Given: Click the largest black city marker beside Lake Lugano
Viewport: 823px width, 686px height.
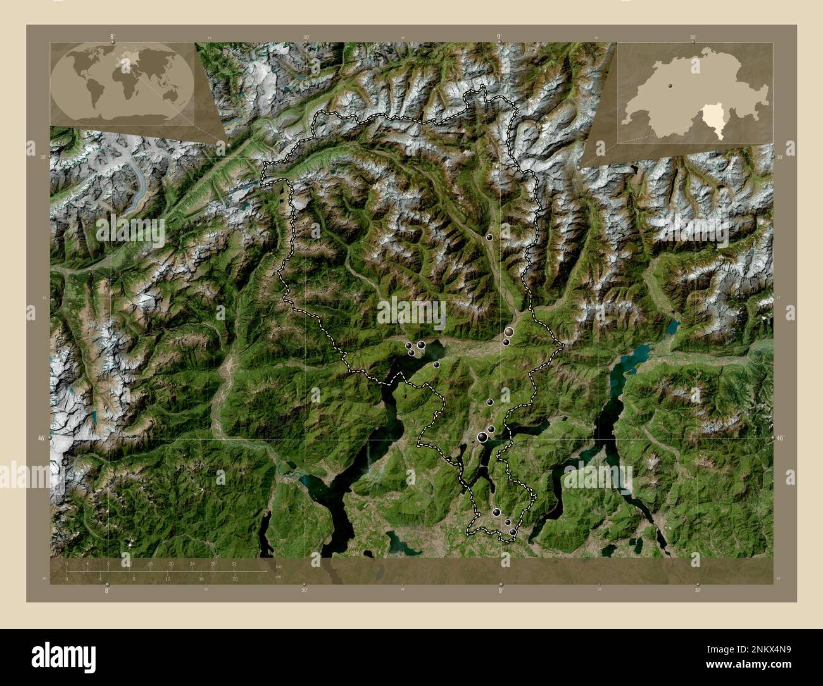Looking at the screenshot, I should coord(483,436).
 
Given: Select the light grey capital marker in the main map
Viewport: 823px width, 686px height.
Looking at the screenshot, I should coord(509,331).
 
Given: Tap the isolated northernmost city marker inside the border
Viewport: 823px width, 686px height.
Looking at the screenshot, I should coord(489,237).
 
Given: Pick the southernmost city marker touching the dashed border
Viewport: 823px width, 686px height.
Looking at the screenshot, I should coord(513,533).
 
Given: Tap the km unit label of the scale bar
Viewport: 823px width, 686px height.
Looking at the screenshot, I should coord(279,566).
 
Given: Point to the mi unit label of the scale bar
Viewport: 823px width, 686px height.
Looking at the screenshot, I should coord(279,576).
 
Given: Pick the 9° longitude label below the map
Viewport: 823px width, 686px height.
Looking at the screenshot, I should coord(500,590).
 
